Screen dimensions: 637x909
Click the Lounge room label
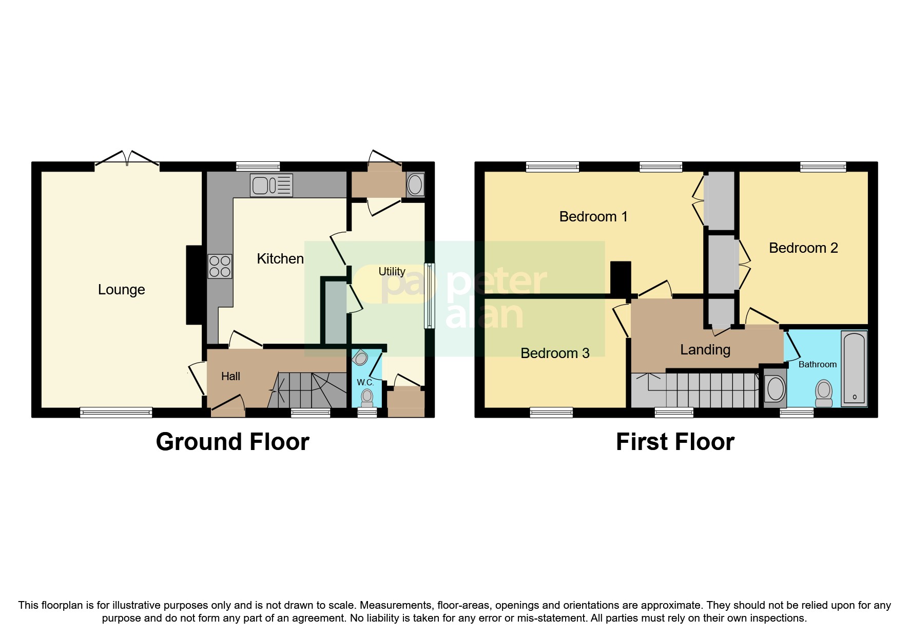tap(121, 290)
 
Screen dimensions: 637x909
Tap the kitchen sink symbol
tap(271, 185)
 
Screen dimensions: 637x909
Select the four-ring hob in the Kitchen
tap(220, 267)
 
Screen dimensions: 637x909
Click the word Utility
tap(392, 271)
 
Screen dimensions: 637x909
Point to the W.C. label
tap(365, 383)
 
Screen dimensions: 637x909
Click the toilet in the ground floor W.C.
tap(367, 397)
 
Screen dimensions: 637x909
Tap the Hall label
tap(230, 377)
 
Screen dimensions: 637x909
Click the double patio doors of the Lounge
tap(127, 159)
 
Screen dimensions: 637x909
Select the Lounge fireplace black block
tap(194, 285)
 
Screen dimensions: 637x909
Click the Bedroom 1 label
tap(593, 217)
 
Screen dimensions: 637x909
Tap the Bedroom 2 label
tap(803, 248)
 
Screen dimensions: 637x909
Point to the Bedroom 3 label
tap(555, 353)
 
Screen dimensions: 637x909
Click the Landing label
tap(705, 350)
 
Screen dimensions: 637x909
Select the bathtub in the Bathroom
tap(854, 368)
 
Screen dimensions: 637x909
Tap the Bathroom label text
tap(817, 364)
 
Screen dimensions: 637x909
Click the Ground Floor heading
tap(233, 442)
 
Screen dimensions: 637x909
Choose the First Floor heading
tap(675, 442)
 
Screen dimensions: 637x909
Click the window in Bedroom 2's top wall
tap(823, 166)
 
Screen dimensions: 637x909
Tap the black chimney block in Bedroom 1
tap(621, 278)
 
